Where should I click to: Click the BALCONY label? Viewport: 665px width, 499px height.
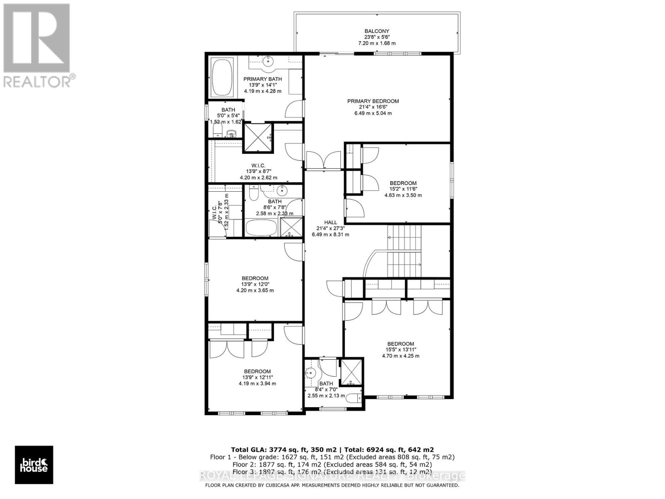point(377,31)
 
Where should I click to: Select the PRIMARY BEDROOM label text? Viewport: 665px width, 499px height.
point(373,101)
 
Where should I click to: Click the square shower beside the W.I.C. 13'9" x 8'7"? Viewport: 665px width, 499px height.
point(258,137)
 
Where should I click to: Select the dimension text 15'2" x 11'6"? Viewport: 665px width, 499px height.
point(403,189)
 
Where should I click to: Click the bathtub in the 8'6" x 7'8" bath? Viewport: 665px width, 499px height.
point(261,227)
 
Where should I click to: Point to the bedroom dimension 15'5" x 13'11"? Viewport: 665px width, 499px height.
point(400,350)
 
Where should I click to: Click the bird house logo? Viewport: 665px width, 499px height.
point(34,465)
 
